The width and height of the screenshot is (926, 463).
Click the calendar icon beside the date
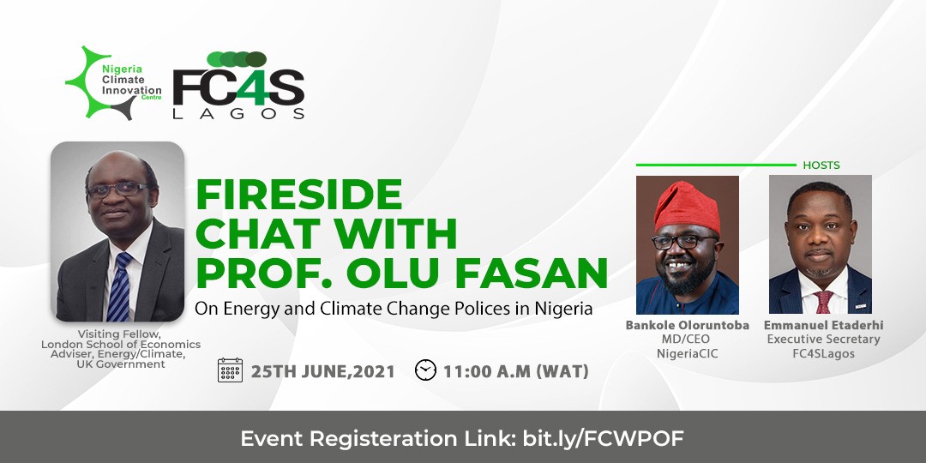230,370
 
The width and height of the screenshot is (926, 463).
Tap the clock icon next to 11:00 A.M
425,370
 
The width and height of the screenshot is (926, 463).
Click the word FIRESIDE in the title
299,195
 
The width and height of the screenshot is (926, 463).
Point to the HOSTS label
821,165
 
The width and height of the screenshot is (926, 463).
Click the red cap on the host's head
686,206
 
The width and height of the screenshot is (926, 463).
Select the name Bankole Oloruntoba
688,326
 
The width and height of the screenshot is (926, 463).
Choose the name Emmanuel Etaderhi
823,326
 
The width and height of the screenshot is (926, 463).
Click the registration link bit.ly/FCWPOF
603,439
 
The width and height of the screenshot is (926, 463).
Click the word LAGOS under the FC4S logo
238,113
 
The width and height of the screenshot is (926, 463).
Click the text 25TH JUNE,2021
323,371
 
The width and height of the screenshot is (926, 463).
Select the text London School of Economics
121,345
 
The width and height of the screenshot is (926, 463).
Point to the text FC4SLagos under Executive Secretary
823,354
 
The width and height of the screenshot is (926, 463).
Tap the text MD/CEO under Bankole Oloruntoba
688,340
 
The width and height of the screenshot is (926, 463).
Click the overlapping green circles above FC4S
237,59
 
